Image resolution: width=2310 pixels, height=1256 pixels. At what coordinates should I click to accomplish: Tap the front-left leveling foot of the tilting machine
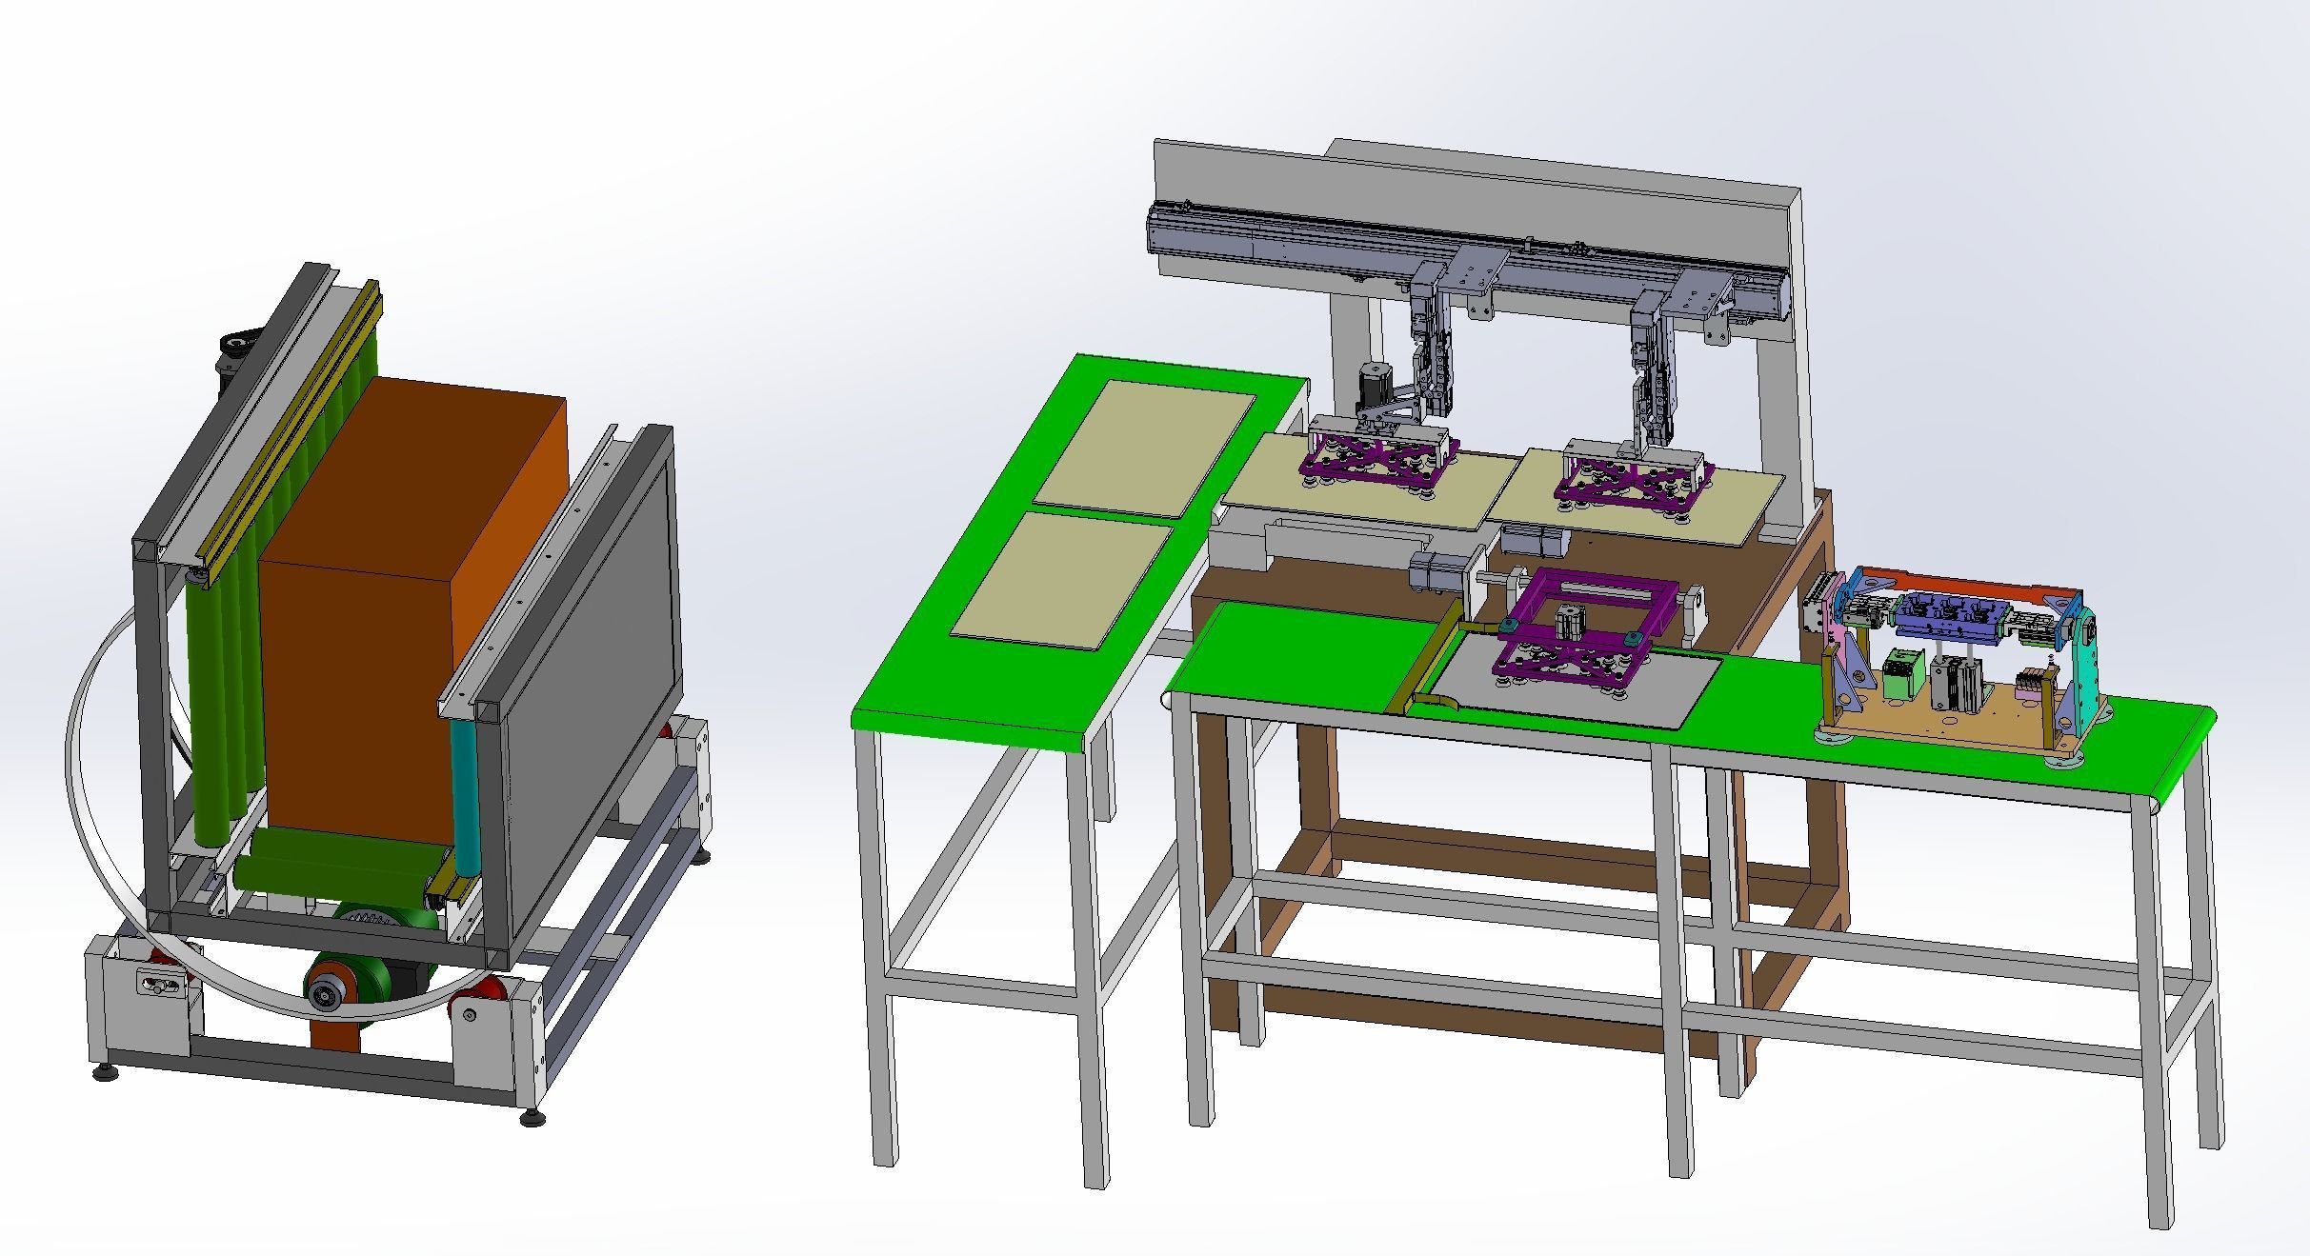click(x=105, y=1072)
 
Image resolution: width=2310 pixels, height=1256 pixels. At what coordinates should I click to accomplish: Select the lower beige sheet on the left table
click(x=1063, y=581)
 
